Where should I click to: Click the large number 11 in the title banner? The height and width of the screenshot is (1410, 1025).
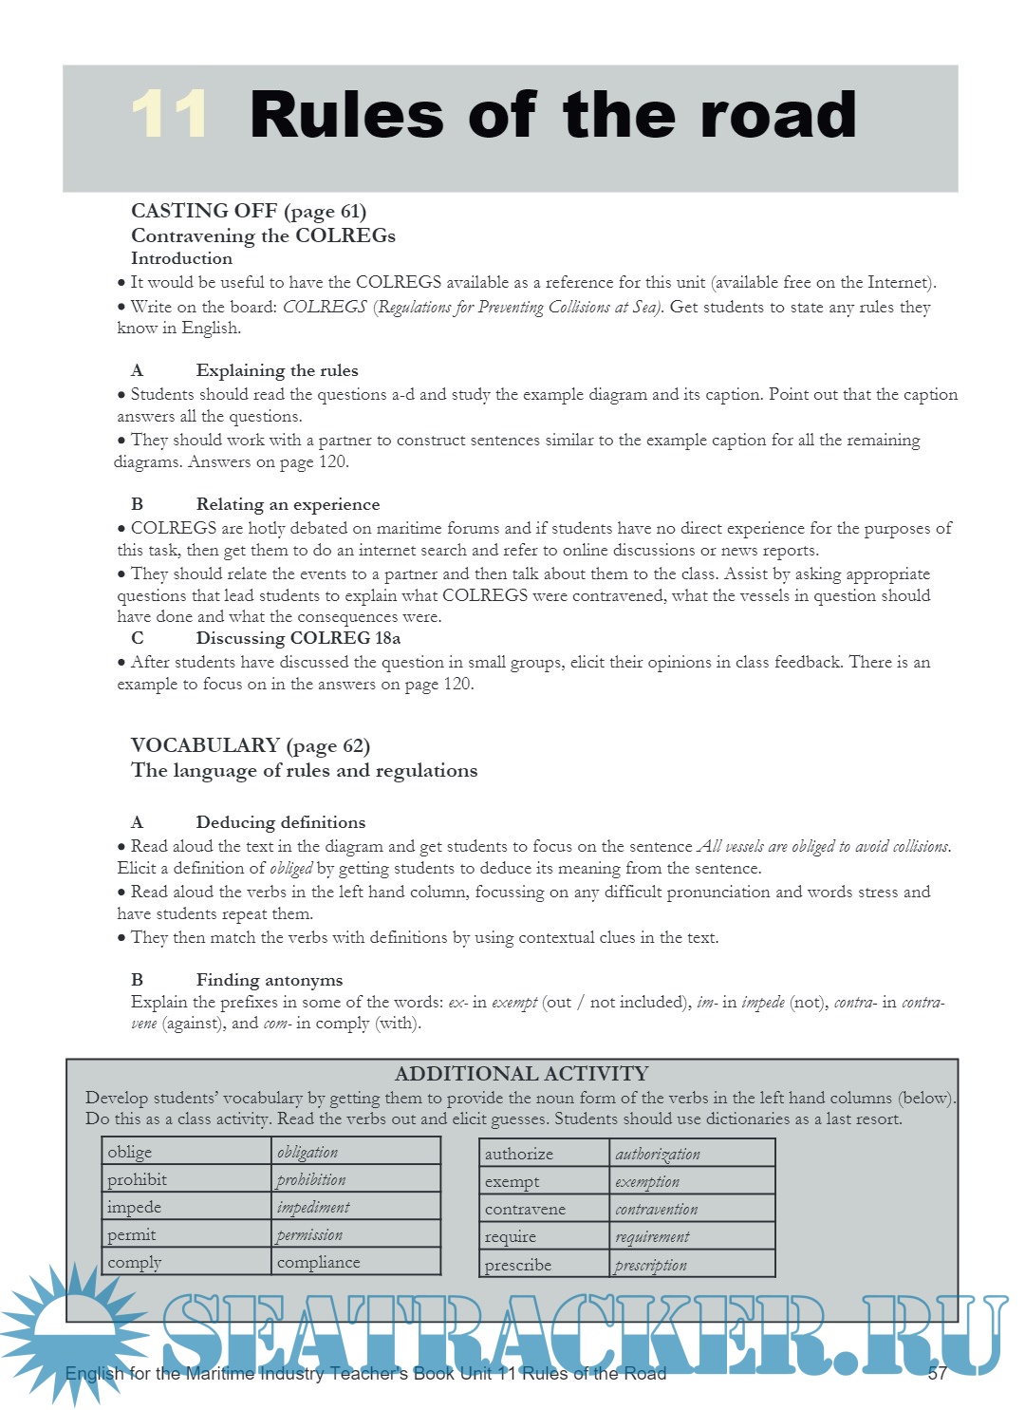click(x=169, y=115)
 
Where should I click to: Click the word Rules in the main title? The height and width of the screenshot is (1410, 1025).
click(x=346, y=116)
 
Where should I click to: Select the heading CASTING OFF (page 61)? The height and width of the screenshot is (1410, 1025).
click(x=249, y=211)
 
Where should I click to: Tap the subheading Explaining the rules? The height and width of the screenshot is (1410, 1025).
click(x=276, y=370)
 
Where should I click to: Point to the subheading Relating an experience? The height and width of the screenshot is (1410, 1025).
click(x=288, y=504)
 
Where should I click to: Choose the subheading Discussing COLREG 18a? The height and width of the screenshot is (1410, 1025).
click(x=298, y=638)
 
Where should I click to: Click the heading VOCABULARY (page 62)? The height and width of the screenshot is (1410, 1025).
click(x=251, y=745)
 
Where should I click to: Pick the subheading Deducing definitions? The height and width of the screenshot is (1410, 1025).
click(x=280, y=822)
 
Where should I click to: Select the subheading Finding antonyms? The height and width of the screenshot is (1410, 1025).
click(x=269, y=980)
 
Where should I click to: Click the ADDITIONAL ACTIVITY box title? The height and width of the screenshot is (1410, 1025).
click(x=521, y=1074)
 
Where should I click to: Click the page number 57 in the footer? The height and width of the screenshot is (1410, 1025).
click(x=938, y=1373)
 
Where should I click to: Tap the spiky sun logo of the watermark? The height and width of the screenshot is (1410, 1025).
click(x=71, y=1329)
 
